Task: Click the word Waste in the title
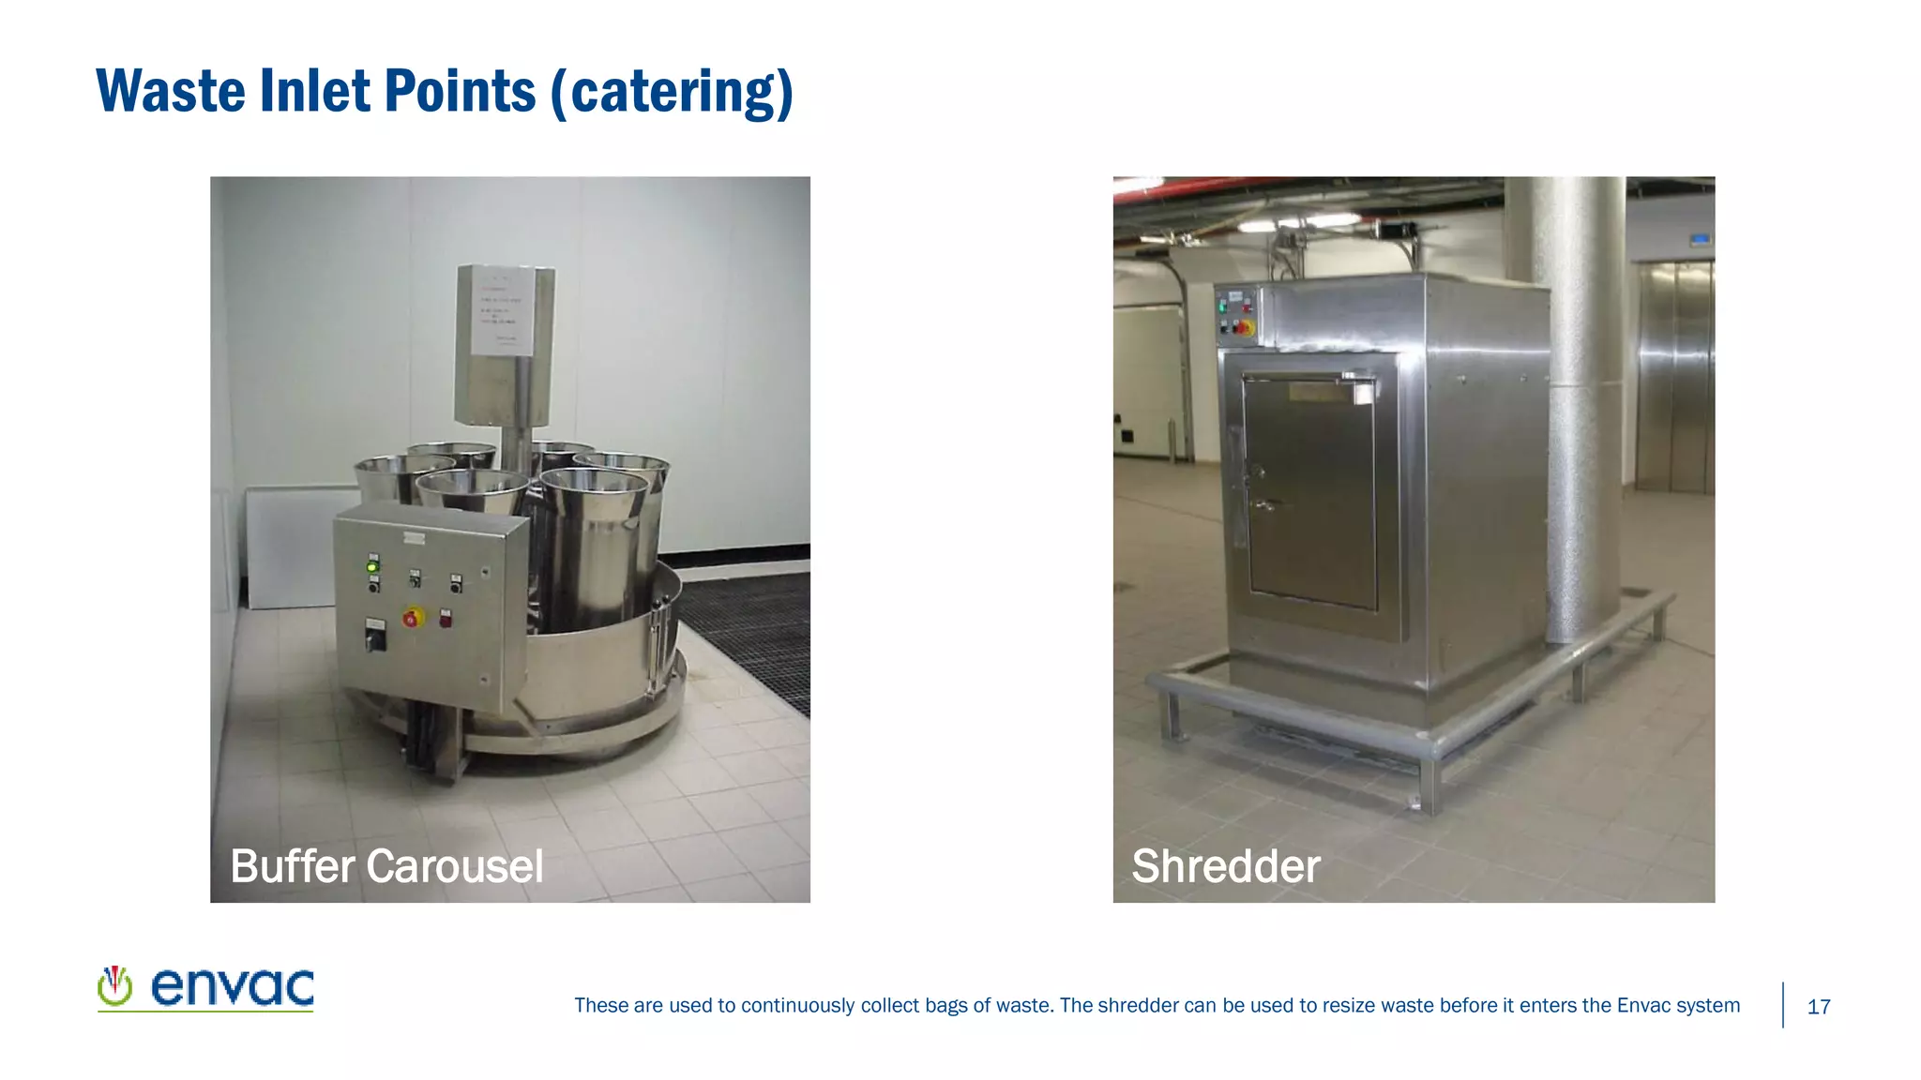[171, 91]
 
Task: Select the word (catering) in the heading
[672, 91]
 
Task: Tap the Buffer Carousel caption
[386, 865]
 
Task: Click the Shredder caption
[1225, 865]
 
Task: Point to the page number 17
[1818, 1007]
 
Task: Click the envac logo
[205, 988]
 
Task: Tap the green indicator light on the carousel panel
[372, 566]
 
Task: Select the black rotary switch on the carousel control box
[375, 639]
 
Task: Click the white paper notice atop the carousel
[504, 309]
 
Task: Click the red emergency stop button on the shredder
[1244, 327]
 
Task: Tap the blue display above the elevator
[1701, 240]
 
